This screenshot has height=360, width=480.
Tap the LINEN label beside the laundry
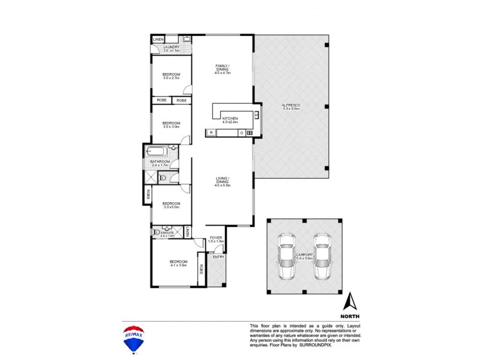coord(158,40)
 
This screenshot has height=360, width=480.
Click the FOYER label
coord(215,238)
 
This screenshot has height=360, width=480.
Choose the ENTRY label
coord(218,257)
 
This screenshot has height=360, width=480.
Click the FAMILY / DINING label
coord(223,67)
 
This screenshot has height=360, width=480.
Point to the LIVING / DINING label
coord(222,179)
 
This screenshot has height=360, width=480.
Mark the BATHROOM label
coord(160,162)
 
